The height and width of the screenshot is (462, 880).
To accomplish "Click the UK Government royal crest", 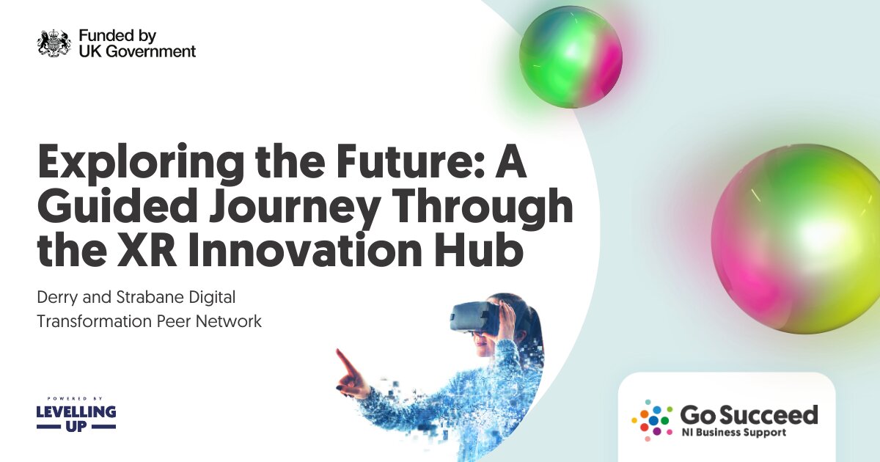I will [x=54, y=43].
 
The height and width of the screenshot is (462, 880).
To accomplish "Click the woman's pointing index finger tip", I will [x=339, y=353].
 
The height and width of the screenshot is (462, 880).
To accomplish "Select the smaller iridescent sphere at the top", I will [x=571, y=56].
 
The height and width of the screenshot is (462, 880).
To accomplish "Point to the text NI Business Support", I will [x=733, y=433].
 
